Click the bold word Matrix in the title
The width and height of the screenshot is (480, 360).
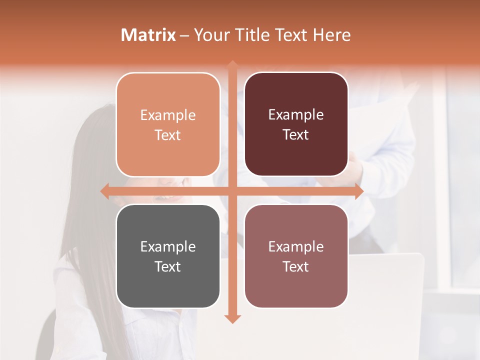(x=148, y=35)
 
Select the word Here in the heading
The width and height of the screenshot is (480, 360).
(x=331, y=35)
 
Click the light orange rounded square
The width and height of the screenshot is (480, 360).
(x=168, y=124)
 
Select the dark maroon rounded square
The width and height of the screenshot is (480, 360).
(x=296, y=124)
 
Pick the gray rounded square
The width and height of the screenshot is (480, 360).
(x=168, y=256)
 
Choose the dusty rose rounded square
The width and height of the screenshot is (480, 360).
(x=296, y=256)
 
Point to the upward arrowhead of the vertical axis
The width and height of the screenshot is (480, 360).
(x=232, y=65)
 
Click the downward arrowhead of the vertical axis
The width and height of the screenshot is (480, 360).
(x=232, y=318)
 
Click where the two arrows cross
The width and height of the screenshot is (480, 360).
(x=232, y=191)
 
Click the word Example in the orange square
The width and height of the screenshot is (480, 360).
(x=168, y=115)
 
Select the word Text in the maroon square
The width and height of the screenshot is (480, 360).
(x=296, y=135)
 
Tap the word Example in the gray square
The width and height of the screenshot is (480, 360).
(x=168, y=247)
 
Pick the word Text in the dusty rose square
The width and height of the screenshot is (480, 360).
(x=296, y=266)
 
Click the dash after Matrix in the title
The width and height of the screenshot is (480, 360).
(x=184, y=35)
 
